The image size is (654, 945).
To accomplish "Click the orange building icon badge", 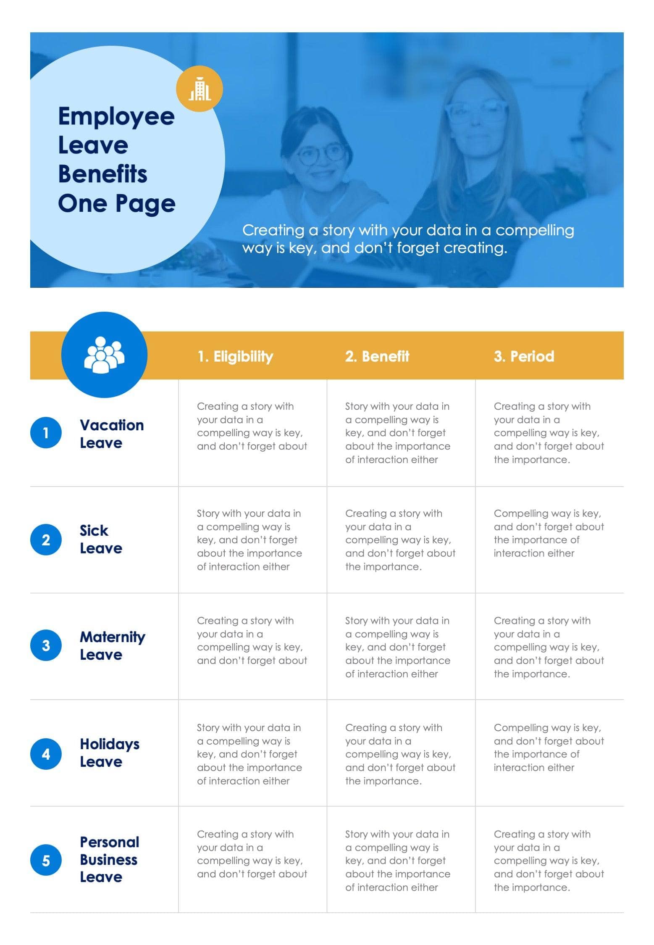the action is (199, 89).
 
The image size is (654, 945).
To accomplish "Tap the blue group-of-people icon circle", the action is (104, 355).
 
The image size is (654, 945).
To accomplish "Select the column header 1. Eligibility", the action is (235, 356).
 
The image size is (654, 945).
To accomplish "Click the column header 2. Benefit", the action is (377, 356).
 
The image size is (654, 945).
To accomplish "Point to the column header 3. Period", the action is (524, 356).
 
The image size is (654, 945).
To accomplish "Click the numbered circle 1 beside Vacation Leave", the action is (46, 433).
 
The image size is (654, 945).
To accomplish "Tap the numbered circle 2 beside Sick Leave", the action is (46, 540).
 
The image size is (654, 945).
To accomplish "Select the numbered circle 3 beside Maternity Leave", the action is (46, 645).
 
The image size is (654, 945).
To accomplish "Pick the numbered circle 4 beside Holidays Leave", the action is (46, 754).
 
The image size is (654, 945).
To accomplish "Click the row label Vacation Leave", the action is (112, 434).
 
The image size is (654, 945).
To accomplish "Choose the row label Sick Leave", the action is (101, 539).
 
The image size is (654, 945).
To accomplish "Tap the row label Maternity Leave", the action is (113, 646).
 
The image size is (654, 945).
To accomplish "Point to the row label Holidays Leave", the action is (110, 753).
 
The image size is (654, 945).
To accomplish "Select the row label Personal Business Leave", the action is (110, 860).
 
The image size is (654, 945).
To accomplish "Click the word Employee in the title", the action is (116, 117).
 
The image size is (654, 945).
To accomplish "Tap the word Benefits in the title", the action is (102, 174).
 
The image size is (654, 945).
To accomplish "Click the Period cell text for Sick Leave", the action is (549, 533).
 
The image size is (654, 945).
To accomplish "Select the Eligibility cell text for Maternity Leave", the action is (252, 640).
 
